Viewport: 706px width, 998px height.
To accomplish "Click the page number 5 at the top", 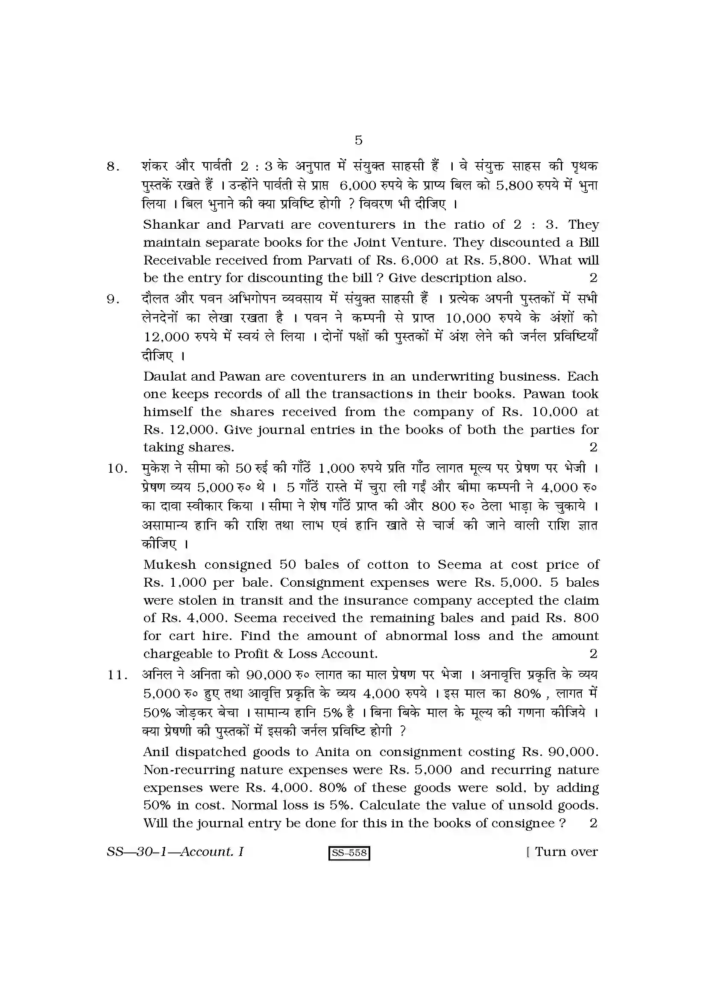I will [x=358, y=140].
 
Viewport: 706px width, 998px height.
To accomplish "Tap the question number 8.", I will [x=113, y=167].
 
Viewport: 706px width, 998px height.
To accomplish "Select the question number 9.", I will [x=113, y=300].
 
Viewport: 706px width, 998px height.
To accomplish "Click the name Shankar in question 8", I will [x=171, y=225].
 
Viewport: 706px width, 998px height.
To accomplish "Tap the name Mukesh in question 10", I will [x=170, y=564].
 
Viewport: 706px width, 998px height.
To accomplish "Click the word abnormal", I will [x=416, y=636].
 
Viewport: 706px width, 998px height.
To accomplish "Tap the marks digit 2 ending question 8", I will [x=593, y=278].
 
